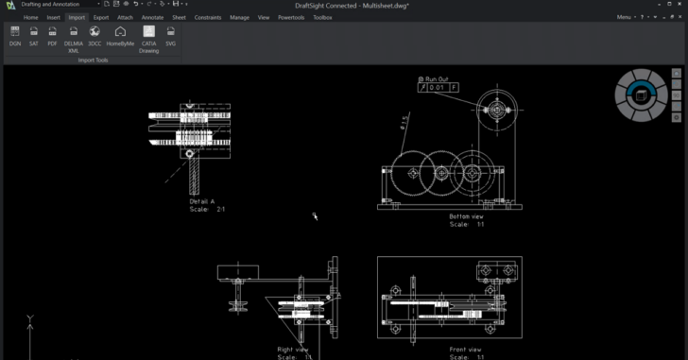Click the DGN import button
(15, 36)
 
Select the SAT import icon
(34, 36)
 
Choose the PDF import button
(53, 36)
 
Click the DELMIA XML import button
(74, 36)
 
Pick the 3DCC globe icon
(95, 36)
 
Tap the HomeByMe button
(120, 36)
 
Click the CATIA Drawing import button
(148, 36)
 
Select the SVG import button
(171, 36)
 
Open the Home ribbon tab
(31, 17)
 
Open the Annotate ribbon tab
(152, 17)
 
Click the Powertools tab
(291, 17)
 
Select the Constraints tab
(208, 17)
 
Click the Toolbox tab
(322, 17)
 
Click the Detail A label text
(202, 201)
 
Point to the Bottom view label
(466, 216)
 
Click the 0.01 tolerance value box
(436, 88)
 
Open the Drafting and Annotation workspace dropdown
(59, 5)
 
